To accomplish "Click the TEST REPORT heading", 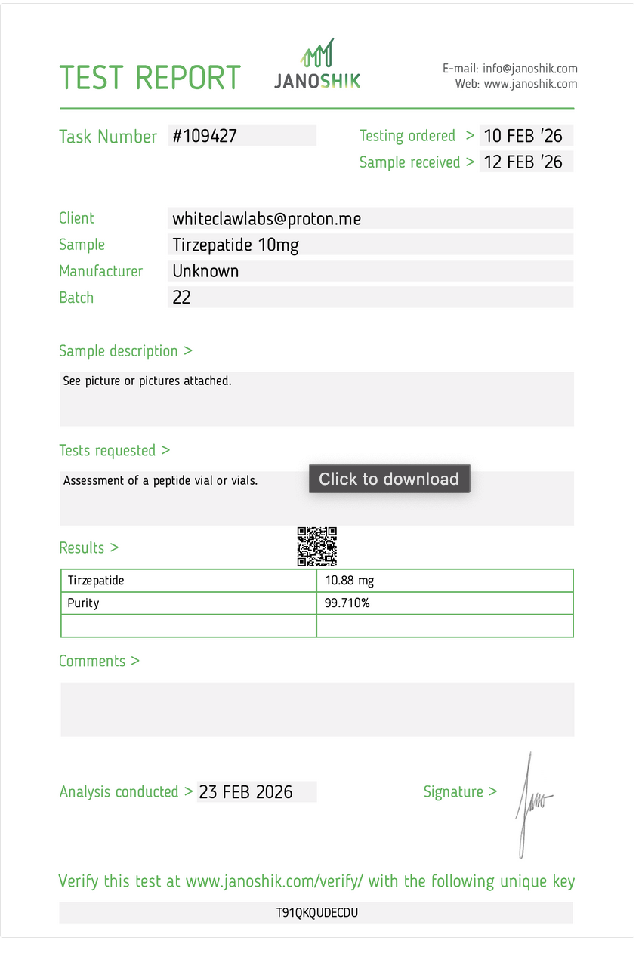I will click(150, 78).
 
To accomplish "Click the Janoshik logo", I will click(317, 65).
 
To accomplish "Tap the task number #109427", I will click(205, 136).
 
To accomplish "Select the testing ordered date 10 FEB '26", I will click(523, 136).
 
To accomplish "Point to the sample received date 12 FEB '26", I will click(523, 162).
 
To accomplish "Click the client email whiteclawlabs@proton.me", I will click(267, 219).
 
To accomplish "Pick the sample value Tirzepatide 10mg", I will click(236, 245).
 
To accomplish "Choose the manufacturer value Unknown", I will click(205, 271).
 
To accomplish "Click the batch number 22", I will click(182, 298).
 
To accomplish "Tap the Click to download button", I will click(389, 479).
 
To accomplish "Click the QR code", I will click(317, 547).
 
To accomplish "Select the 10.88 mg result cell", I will click(350, 581).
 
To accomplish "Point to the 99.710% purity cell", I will click(347, 603).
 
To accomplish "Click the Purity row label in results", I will click(83, 603).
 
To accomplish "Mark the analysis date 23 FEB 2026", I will click(245, 792).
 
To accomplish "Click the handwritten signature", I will click(532, 804).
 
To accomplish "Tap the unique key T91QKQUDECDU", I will click(316, 912).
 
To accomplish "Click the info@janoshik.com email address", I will click(530, 69).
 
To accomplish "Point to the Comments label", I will click(99, 661).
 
